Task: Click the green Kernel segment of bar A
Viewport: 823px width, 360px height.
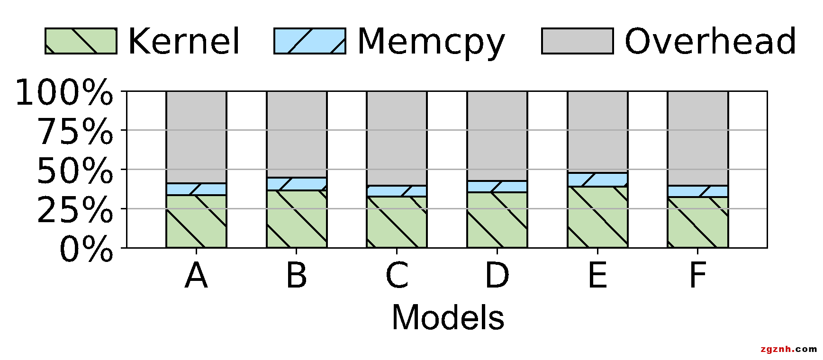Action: (x=196, y=221)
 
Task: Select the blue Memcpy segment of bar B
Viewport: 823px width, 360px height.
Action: (x=297, y=184)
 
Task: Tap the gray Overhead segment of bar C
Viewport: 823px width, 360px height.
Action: (x=397, y=138)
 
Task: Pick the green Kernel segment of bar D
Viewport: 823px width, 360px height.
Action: (x=497, y=220)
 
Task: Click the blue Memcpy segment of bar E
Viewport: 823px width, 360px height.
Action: (x=597, y=180)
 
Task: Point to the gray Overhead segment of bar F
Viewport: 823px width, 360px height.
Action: (x=698, y=138)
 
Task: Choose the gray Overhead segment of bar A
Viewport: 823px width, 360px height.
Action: (x=196, y=137)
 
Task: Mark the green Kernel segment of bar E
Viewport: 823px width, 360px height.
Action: (x=597, y=216)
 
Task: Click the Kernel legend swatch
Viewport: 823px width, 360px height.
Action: (x=81, y=41)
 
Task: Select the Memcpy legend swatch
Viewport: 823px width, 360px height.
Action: (x=310, y=41)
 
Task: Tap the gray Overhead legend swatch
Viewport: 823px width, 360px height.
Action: (x=577, y=41)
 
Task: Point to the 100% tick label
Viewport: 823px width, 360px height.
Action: (x=64, y=93)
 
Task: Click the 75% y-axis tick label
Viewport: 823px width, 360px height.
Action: (x=75, y=132)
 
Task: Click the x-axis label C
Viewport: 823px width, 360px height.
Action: (x=397, y=276)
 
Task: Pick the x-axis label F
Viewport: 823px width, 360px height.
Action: (x=698, y=276)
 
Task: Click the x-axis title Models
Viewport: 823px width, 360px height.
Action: (x=448, y=317)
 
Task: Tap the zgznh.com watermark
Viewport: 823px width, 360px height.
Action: (x=788, y=349)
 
